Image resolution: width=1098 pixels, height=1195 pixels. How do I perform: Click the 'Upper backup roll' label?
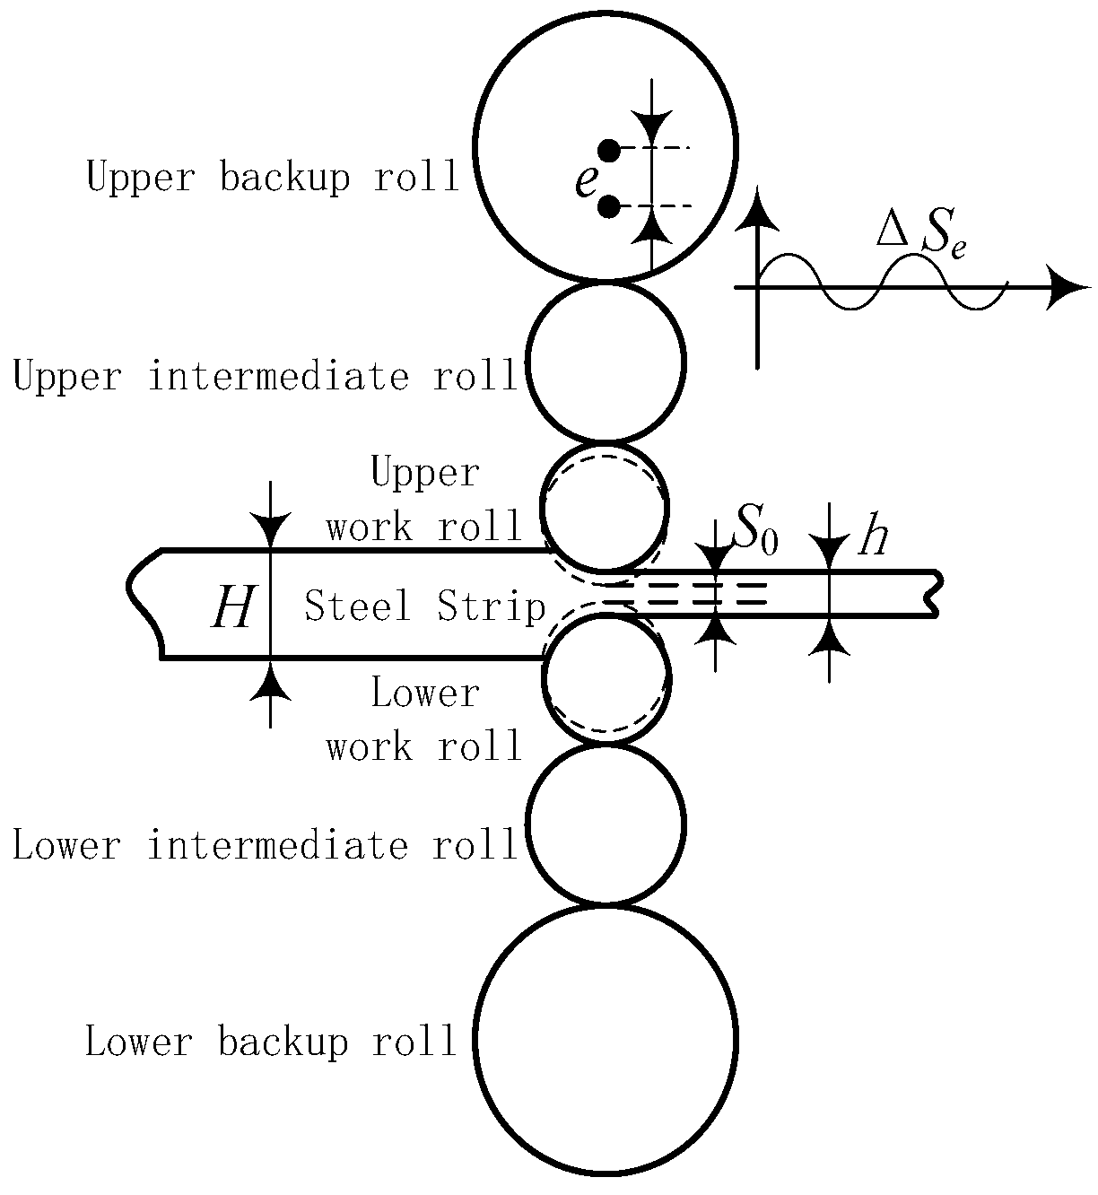(x=272, y=178)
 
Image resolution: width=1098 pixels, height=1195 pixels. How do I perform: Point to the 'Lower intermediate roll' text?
(x=266, y=846)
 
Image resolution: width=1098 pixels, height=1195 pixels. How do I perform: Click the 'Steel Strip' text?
(x=425, y=606)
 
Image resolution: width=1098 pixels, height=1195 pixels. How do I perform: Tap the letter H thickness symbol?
(x=232, y=609)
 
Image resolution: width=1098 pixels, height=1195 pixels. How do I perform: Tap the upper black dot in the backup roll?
(x=608, y=150)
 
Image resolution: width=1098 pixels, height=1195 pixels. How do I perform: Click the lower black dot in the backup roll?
(x=608, y=207)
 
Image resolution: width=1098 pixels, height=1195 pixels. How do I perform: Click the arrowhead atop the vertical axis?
(x=759, y=210)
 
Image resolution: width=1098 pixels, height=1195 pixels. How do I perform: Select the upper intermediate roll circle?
(x=606, y=362)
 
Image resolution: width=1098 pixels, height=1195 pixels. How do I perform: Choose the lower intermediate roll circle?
(x=606, y=824)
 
